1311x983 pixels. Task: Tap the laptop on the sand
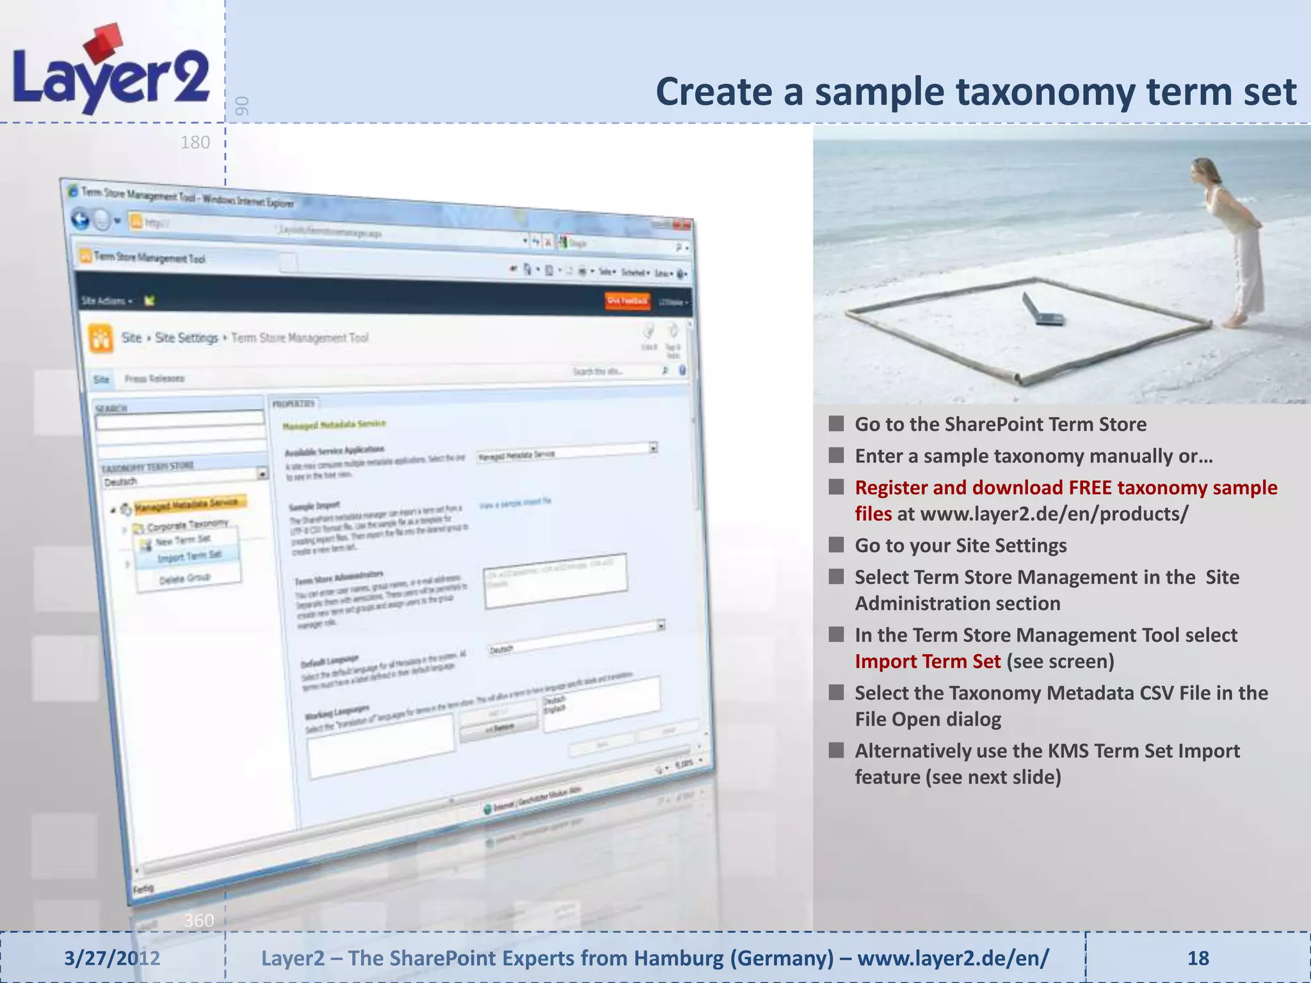click(1042, 310)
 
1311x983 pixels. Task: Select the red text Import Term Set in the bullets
click(927, 661)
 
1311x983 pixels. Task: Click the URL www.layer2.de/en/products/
click(1054, 514)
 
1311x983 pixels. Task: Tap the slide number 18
click(1198, 958)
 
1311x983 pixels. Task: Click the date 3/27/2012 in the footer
click(112, 958)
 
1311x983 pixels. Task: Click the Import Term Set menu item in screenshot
click(189, 556)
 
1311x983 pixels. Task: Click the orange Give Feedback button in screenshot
click(627, 300)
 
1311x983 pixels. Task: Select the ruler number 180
click(195, 142)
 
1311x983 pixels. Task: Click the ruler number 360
click(198, 920)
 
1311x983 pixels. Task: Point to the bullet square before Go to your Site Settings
click(836, 545)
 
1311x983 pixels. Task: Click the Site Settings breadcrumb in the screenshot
click(186, 337)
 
